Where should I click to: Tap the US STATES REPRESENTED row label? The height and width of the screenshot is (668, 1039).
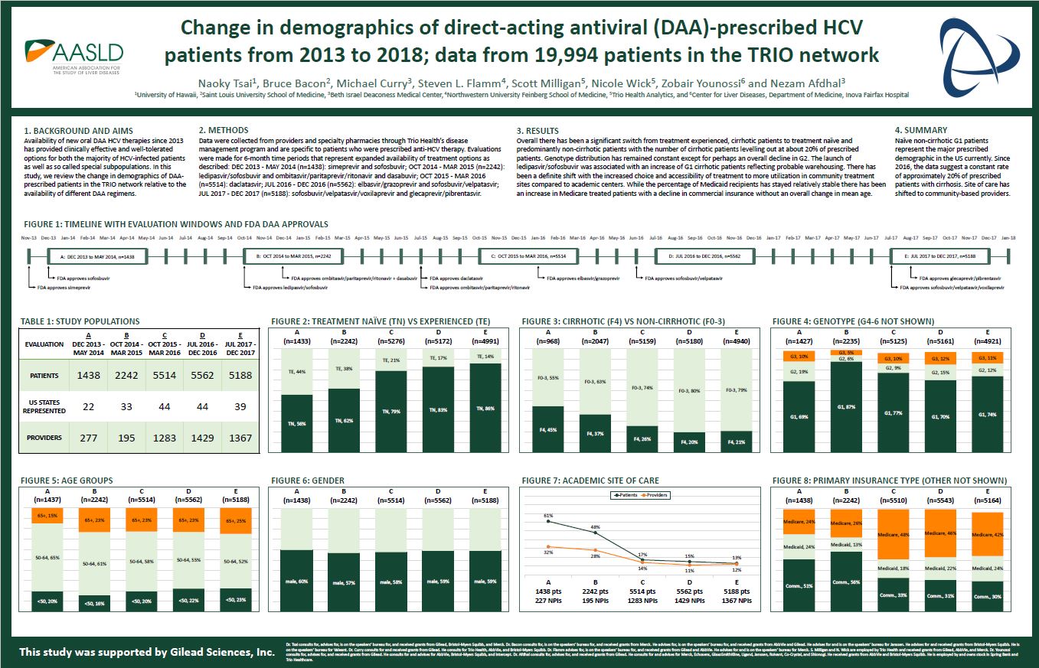tap(44, 407)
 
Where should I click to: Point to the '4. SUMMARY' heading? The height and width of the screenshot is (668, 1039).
tap(921, 130)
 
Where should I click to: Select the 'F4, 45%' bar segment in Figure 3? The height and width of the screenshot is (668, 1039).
tap(547, 430)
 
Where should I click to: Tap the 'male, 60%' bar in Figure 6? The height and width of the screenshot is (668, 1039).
tap(302, 582)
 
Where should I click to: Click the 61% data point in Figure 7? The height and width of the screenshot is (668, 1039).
tap(548, 523)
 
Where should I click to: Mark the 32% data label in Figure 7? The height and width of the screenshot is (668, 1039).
tap(548, 551)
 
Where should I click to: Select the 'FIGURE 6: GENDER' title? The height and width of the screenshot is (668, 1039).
tap(307, 481)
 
